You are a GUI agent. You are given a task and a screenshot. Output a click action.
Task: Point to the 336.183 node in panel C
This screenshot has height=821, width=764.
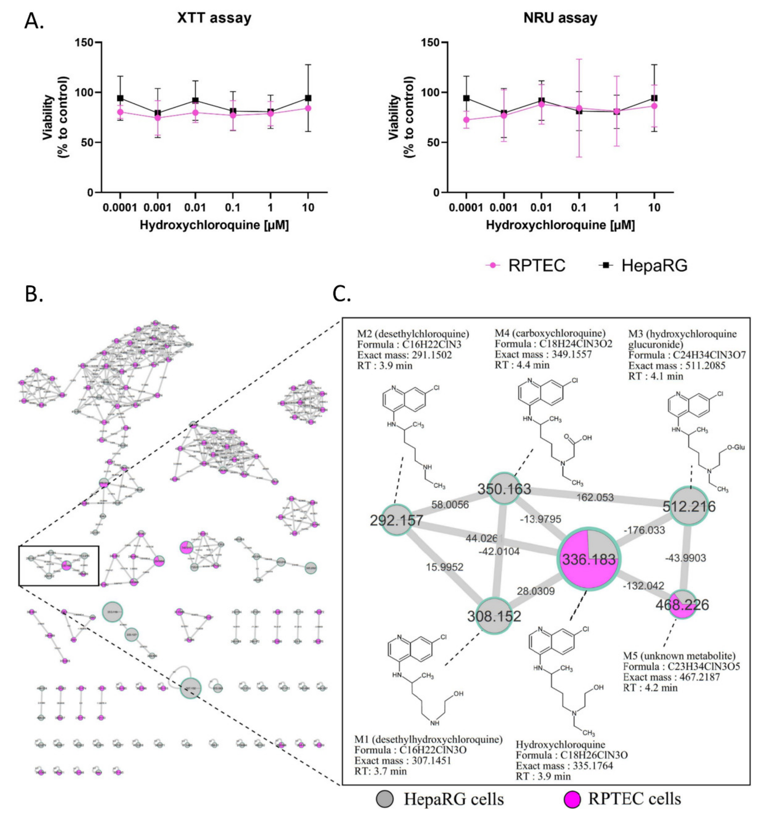[x=589, y=559]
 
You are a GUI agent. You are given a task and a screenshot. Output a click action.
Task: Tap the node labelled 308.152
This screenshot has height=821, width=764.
[x=494, y=616]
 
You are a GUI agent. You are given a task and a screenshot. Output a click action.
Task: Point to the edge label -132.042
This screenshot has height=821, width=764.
[x=643, y=586]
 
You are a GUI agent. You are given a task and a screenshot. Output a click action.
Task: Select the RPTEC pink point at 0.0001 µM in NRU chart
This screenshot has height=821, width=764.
[x=466, y=120]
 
